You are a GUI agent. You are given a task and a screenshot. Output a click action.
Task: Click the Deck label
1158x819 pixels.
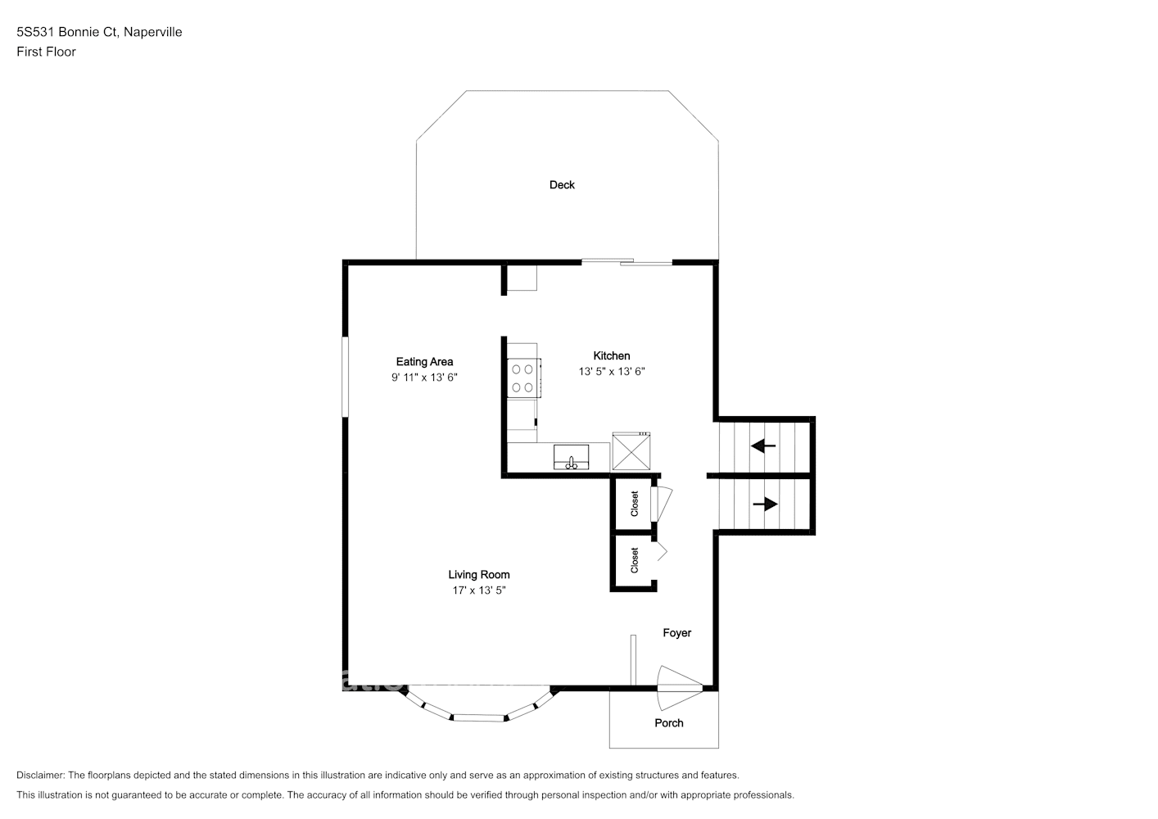tap(562, 185)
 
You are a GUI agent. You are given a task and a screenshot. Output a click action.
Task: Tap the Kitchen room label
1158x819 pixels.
tap(612, 355)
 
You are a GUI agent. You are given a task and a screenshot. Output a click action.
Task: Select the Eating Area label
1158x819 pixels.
tap(424, 362)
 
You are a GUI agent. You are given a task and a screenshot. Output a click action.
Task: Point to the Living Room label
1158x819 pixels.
tap(479, 574)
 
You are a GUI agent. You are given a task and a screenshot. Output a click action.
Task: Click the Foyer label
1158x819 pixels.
tap(677, 633)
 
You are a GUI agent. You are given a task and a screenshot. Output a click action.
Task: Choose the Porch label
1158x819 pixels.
tap(669, 723)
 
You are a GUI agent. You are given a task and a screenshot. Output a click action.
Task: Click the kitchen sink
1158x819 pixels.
tap(572, 457)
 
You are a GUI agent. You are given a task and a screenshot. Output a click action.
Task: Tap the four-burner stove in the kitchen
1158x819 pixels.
tap(523, 378)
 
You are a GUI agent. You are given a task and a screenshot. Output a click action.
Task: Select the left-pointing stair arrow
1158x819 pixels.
tap(763, 446)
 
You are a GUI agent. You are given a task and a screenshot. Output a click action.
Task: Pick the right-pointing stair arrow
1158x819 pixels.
tap(766, 504)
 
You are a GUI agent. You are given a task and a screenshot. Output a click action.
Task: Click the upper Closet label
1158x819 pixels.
tap(635, 504)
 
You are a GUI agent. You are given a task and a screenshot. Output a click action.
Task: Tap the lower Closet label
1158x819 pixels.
tap(635, 560)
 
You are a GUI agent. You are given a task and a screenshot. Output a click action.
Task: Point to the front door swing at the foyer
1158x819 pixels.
tap(679, 688)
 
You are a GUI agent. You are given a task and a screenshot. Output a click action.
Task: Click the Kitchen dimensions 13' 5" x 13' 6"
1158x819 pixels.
tap(612, 371)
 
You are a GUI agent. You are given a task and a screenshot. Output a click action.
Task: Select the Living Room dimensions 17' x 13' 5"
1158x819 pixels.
tap(479, 590)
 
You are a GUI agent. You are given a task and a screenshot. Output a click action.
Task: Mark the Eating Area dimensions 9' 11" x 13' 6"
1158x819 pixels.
tap(424, 378)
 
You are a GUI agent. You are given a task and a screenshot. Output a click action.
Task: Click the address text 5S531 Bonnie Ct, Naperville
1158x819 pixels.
tap(99, 32)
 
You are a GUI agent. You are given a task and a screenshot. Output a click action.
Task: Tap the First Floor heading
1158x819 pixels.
tap(46, 52)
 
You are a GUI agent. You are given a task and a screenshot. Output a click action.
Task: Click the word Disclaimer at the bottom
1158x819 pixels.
tap(41, 775)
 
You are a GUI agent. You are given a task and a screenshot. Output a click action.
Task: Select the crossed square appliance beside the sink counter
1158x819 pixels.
tap(631, 451)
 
